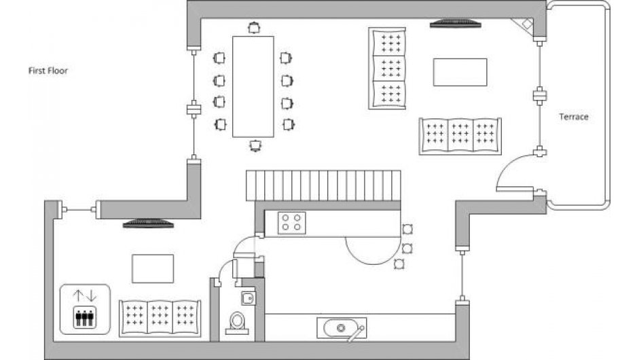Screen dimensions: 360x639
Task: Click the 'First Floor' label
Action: click(x=48, y=71)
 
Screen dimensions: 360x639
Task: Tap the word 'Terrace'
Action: click(x=573, y=117)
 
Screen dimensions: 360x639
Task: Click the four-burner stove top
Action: click(x=293, y=223)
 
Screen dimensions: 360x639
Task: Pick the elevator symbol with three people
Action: click(x=84, y=309)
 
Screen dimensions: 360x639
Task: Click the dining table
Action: click(x=253, y=86)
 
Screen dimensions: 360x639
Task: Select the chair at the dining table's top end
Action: click(x=253, y=28)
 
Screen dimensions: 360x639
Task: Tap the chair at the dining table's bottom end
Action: click(x=255, y=145)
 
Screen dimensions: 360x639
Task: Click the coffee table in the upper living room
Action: click(x=460, y=72)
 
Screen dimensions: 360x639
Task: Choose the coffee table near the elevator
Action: click(x=152, y=268)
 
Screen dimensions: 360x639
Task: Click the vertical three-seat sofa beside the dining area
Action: click(x=387, y=68)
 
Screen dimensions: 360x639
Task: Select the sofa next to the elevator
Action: click(x=160, y=317)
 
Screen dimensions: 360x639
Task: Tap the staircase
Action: click(x=320, y=186)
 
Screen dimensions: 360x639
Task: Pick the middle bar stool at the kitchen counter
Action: click(x=407, y=247)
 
